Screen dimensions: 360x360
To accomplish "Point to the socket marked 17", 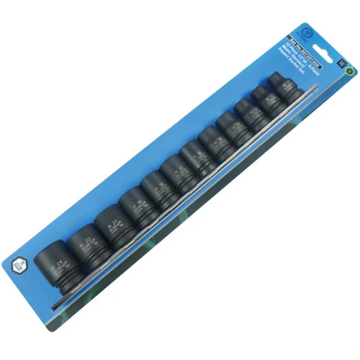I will click(x=175, y=173).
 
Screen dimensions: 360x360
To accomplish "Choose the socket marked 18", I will click(x=154, y=189).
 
